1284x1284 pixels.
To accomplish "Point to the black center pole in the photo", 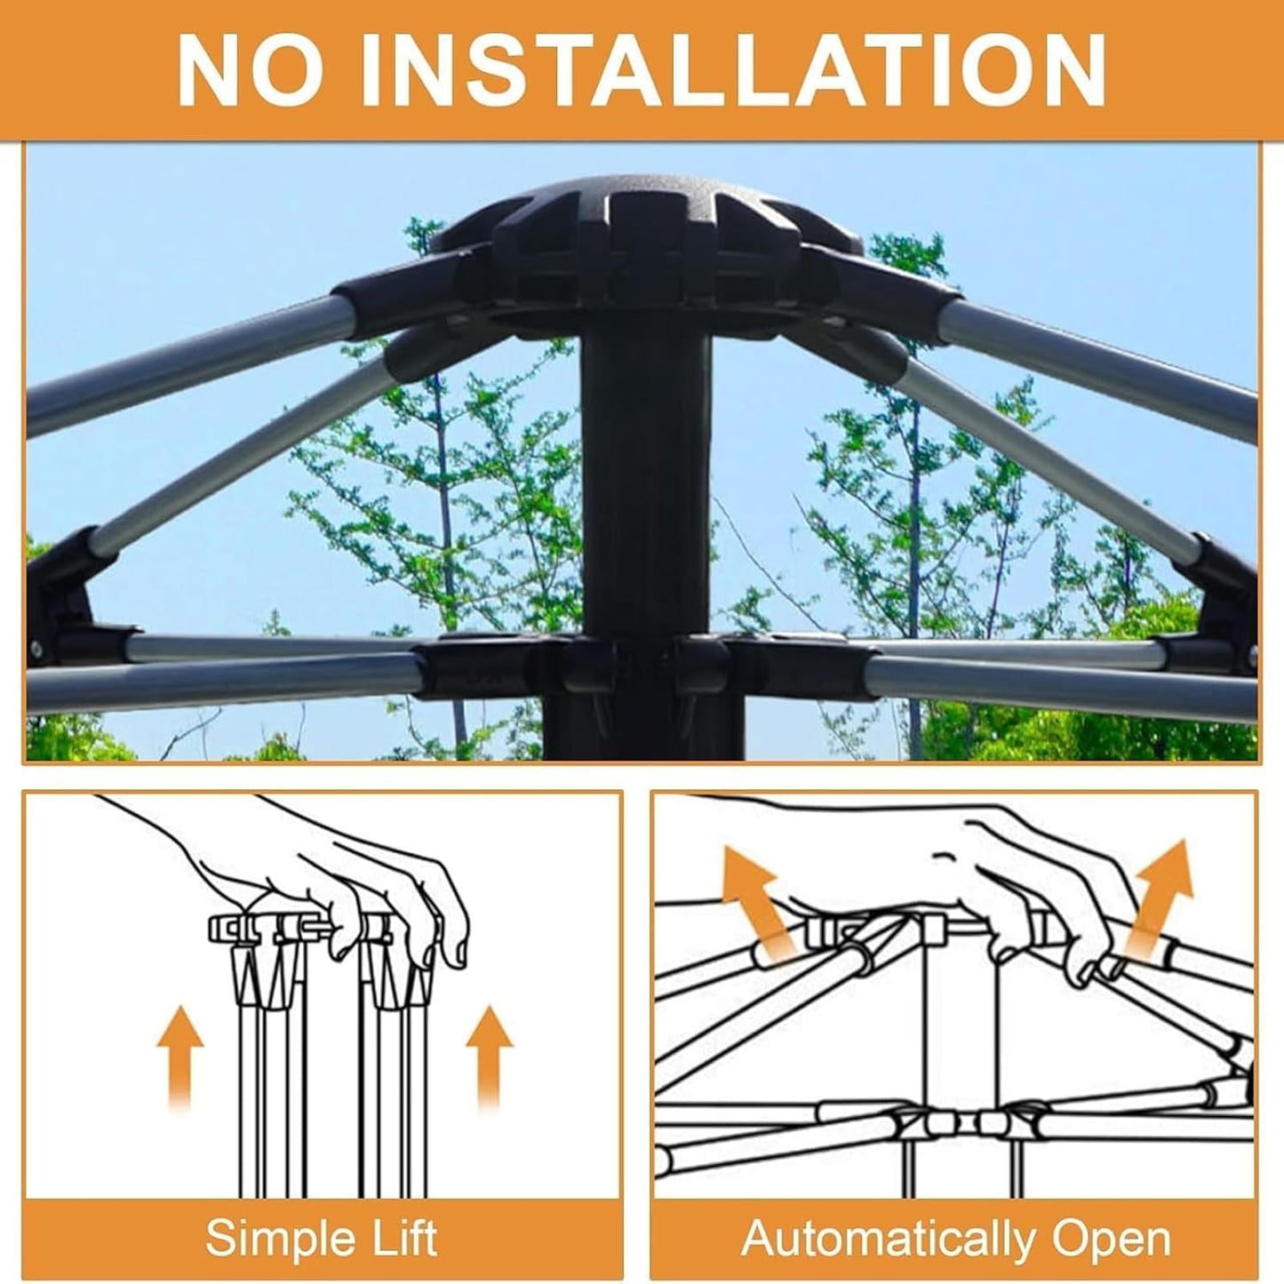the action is pyautogui.click(x=645, y=533).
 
